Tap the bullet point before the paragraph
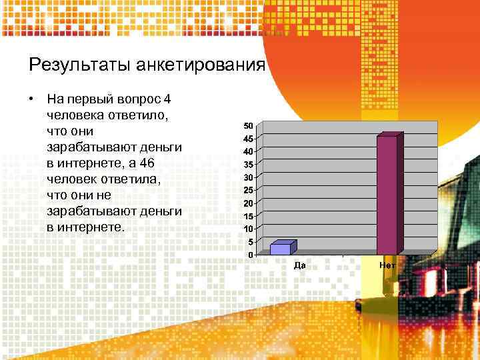click(31, 100)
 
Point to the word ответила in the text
click(141, 179)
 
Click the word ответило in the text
click(137, 115)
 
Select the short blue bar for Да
click(281, 248)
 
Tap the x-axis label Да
click(300, 265)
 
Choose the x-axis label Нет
click(387, 265)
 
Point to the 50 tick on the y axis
click(247, 126)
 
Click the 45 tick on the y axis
click(247, 139)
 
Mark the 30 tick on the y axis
click(247, 177)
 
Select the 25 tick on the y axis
click(247, 191)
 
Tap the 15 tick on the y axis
click(247, 216)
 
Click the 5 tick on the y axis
click(249, 241)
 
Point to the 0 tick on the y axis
click(249, 255)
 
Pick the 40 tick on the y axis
click(247, 152)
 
